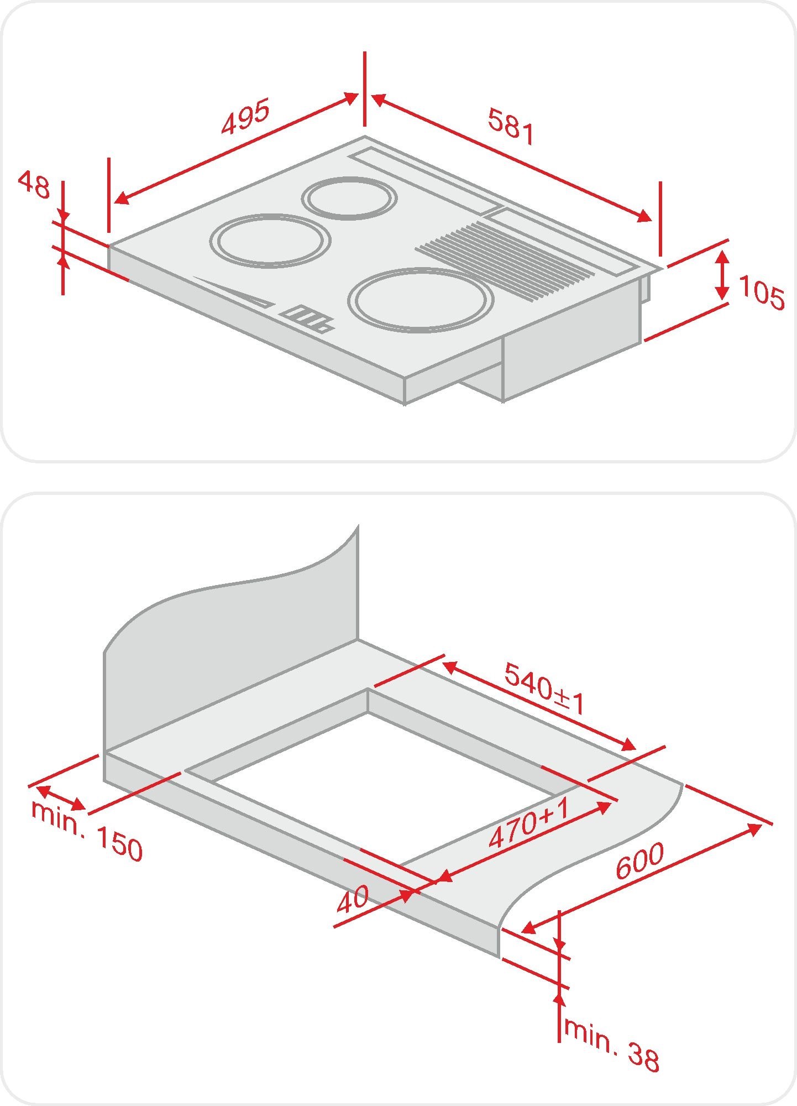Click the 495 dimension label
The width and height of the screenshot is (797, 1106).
pyautogui.click(x=245, y=116)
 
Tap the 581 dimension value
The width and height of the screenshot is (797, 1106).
pyautogui.click(x=512, y=127)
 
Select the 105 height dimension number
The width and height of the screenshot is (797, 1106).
pyautogui.click(x=762, y=293)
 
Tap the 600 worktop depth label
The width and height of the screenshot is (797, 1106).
pyautogui.click(x=639, y=861)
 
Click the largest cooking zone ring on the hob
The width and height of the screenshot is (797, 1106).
pyautogui.click(x=420, y=300)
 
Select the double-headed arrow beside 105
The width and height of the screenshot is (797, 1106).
pyautogui.click(x=722, y=275)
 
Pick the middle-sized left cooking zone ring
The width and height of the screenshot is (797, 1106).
pyautogui.click(x=270, y=241)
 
